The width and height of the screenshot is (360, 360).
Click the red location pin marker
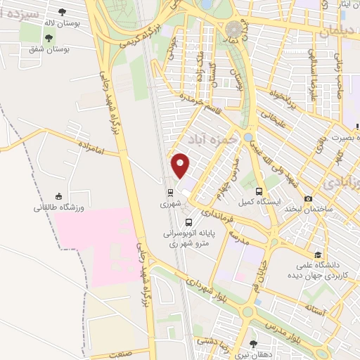tap(181, 165)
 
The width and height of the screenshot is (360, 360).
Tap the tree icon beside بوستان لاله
tap(62, 12)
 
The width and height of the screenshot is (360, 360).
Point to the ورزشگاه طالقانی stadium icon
tap(59, 197)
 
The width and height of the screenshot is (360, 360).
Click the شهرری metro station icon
tap(169, 192)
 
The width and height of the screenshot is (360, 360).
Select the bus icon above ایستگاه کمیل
tap(259, 191)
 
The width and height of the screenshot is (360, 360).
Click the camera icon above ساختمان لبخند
tap(309, 199)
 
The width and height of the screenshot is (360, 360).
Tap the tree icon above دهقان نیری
tap(254, 344)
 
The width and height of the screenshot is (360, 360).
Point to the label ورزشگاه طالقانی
tap(59, 208)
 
